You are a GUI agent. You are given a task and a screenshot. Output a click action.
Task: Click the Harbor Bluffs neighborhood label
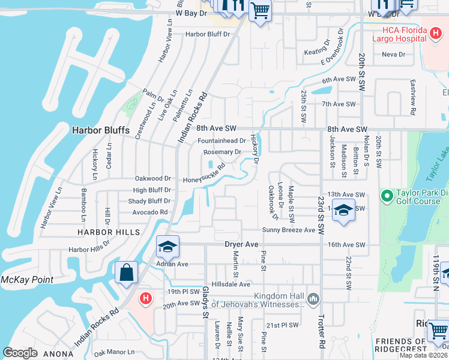(96, 130)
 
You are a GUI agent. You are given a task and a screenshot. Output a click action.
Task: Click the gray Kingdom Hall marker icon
(313, 298)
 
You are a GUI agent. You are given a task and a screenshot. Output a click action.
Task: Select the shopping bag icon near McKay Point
(127, 273)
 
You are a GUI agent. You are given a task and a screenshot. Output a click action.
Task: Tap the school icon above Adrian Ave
(168, 247)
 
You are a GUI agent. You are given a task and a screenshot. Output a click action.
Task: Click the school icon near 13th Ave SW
(343, 211)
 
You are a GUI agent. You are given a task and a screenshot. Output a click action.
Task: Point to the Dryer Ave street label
(241, 245)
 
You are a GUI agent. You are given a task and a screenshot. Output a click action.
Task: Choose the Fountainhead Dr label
(222, 141)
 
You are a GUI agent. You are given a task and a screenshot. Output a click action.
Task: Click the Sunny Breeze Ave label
(288, 230)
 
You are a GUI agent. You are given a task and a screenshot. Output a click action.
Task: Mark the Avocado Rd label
(151, 212)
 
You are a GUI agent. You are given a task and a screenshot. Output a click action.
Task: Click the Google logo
(20, 353)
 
